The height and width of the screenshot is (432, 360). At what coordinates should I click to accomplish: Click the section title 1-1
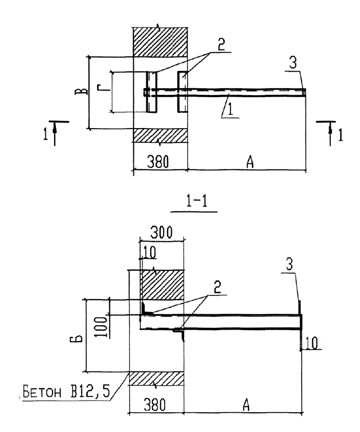(x=196, y=201)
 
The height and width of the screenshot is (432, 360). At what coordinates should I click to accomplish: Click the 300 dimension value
(x=161, y=232)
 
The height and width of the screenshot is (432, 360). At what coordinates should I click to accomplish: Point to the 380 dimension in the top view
(x=157, y=161)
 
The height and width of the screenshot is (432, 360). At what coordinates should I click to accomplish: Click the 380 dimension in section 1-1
(x=155, y=405)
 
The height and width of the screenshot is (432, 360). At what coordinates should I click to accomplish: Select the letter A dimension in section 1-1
(x=246, y=405)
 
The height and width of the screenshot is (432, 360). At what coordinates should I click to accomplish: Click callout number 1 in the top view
(x=230, y=108)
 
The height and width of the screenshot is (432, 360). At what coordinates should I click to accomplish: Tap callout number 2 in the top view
(x=221, y=45)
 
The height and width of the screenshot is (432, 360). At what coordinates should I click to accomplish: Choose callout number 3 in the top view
(x=293, y=62)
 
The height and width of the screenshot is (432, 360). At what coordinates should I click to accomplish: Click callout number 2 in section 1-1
(x=217, y=287)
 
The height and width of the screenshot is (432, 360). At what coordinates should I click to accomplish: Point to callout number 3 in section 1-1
(x=289, y=264)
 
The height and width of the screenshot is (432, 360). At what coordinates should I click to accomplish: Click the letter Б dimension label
(x=79, y=337)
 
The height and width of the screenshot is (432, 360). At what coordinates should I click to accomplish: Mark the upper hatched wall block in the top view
(x=160, y=42)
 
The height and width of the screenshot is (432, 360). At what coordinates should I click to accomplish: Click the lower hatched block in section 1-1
(x=157, y=379)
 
